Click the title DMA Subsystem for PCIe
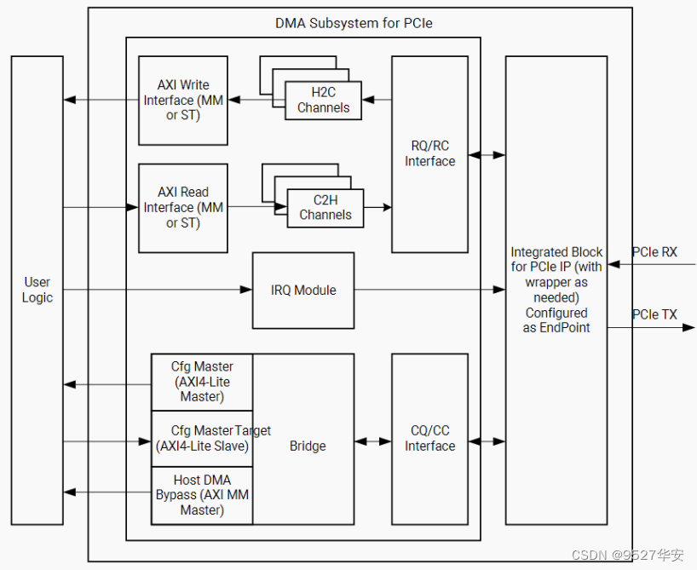tap(354, 23)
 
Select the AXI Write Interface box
tap(183, 101)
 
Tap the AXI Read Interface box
tap(183, 208)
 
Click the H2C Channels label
tap(323, 101)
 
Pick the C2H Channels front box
tap(325, 208)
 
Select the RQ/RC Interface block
tap(429, 154)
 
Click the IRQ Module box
tap(303, 291)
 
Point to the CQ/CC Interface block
tap(429, 439)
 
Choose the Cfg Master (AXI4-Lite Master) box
tap(202, 382)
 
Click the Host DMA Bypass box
tap(202, 495)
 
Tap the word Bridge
tap(308, 446)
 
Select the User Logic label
tap(37, 290)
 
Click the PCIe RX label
tap(654, 252)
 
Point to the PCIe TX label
tap(654, 314)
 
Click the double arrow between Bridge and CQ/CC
tap(373, 441)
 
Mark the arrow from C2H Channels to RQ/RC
tap(377, 207)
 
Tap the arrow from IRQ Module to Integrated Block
tap(429, 291)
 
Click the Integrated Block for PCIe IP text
tap(556, 290)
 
